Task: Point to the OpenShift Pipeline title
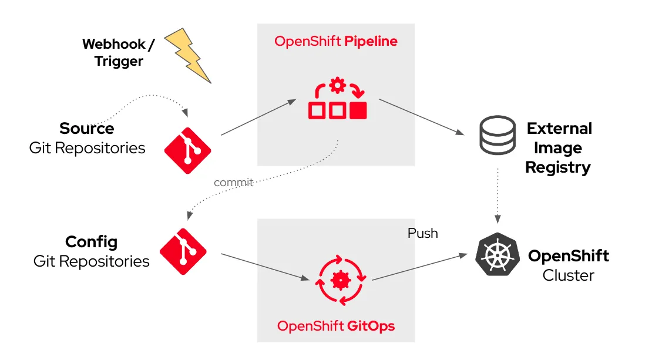[336, 41]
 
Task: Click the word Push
[422, 233]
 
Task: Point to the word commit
[233, 183]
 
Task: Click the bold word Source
[87, 129]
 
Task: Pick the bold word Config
[91, 242]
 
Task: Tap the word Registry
[557, 167]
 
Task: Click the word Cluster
[568, 275]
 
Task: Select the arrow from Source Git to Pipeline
[258, 117]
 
